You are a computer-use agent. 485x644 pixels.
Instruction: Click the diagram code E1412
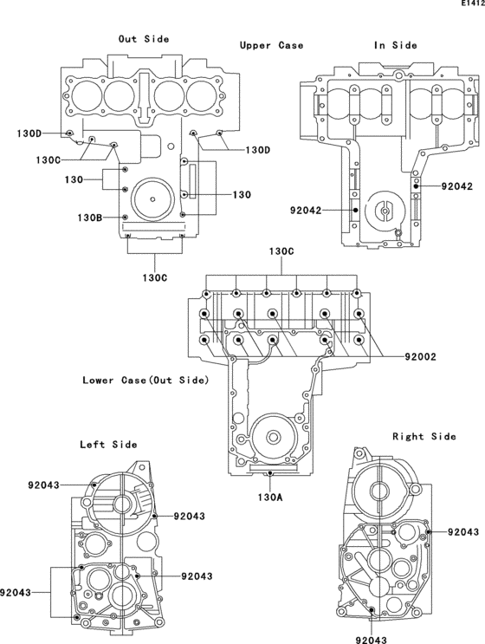coord(473,3)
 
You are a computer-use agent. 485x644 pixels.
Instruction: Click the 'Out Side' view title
coord(144,39)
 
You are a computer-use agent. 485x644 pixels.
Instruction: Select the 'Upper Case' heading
coord(272,45)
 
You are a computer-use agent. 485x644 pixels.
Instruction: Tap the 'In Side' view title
coord(396,45)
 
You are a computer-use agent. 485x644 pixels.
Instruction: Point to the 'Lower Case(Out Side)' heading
coord(146,381)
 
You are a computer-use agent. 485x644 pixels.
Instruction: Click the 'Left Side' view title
coord(108,445)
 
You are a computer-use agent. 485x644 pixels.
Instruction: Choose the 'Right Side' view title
coord(424,436)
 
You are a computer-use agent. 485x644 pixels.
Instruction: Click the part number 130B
coord(90,218)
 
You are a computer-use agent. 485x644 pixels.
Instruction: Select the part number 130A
coord(270,498)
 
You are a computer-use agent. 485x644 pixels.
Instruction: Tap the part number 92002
coord(421,357)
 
